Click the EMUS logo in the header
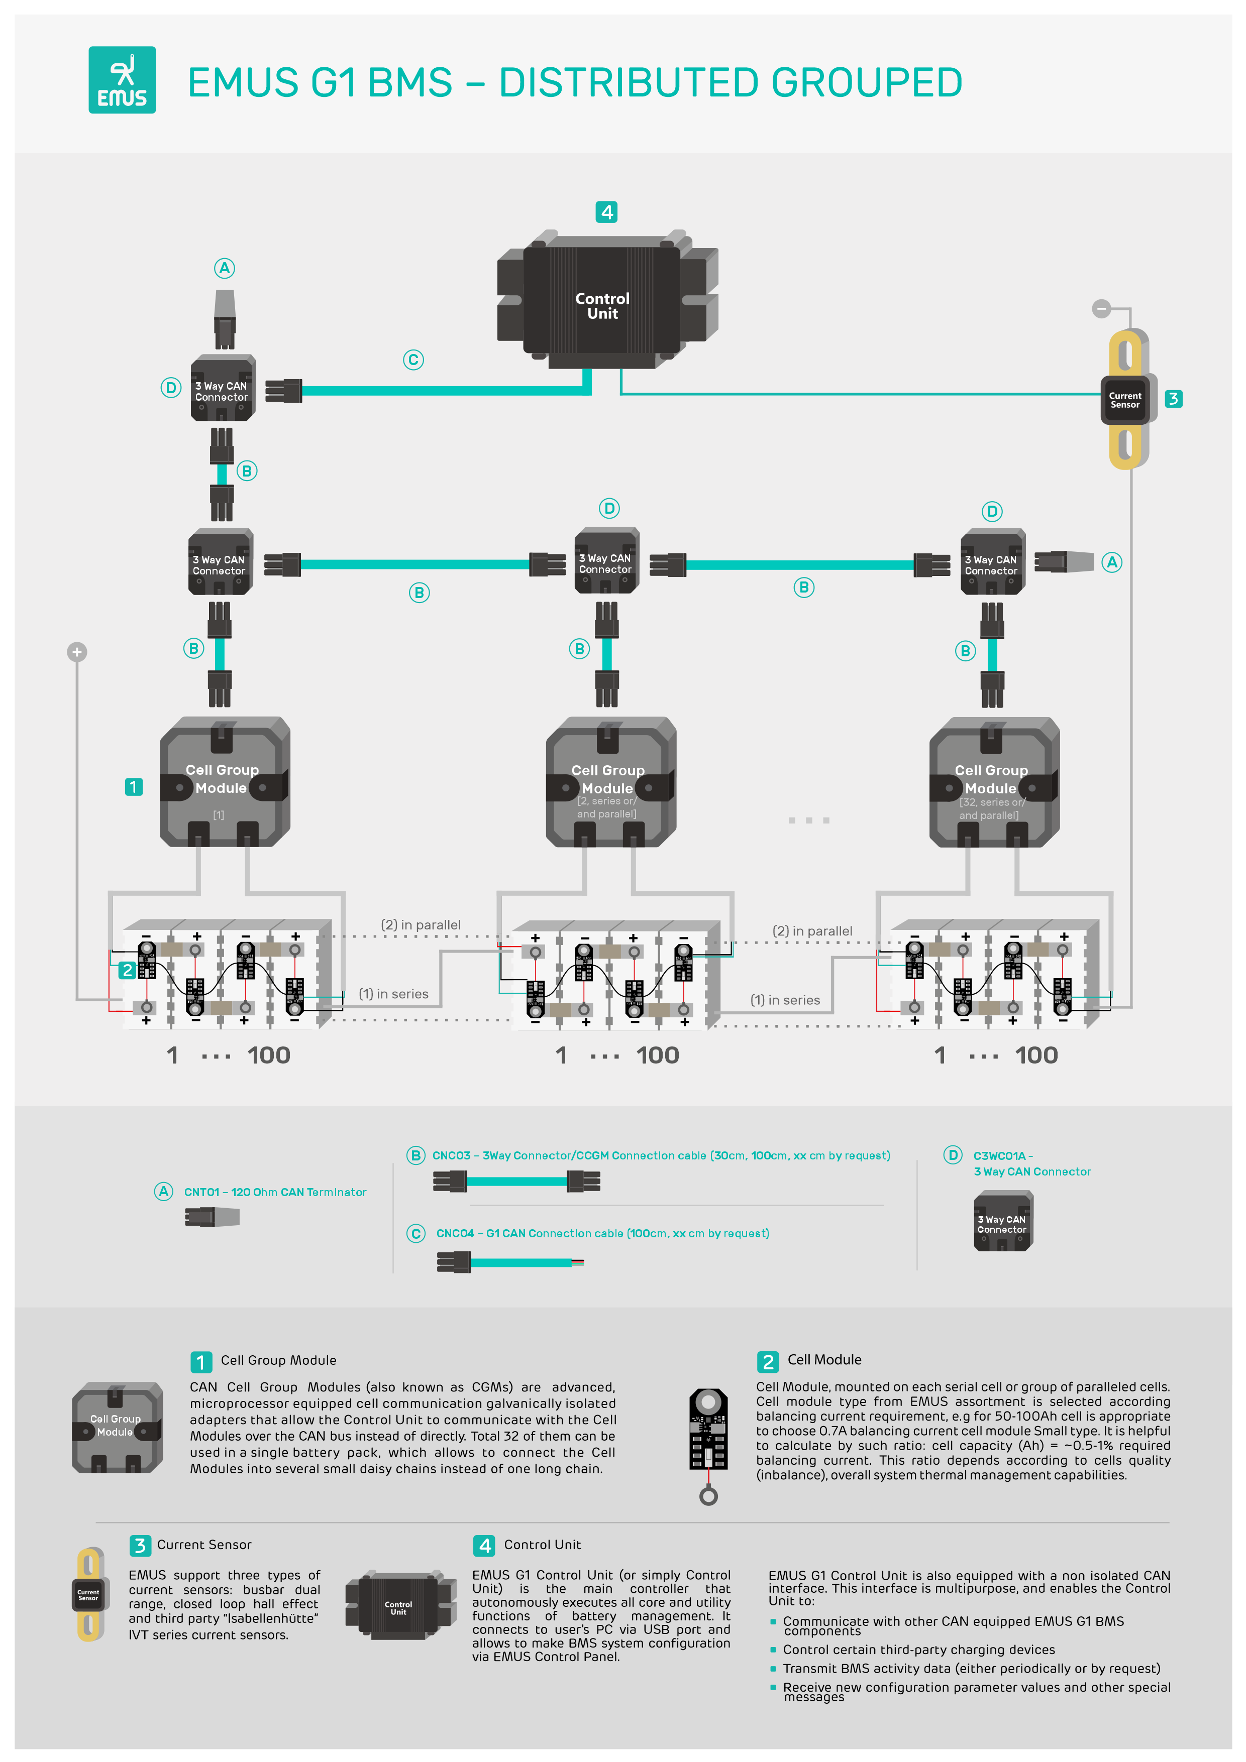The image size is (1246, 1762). pyautogui.click(x=122, y=80)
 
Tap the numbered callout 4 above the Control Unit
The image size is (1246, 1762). pyautogui.click(x=606, y=212)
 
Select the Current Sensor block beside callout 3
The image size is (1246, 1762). pyautogui.click(x=1125, y=400)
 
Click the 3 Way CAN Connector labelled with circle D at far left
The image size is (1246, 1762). pyautogui.click(x=222, y=388)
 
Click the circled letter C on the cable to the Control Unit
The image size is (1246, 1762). pyautogui.click(x=413, y=360)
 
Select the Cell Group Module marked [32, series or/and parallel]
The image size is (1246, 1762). pyautogui.click(x=993, y=783)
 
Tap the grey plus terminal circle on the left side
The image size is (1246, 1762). pyautogui.click(x=77, y=652)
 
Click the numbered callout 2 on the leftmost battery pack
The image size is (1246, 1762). pyautogui.click(x=128, y=970)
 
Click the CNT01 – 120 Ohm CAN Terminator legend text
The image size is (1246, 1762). pyautogui.click(x=275, y=1192)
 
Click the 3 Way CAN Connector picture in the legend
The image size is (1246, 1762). pyautogui.click(x=1003, y=1221)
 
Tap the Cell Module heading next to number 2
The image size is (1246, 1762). pyautogui.click(x=824, y=1360)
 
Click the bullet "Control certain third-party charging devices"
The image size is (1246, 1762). pyautogui.click(x=918, y=1649)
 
